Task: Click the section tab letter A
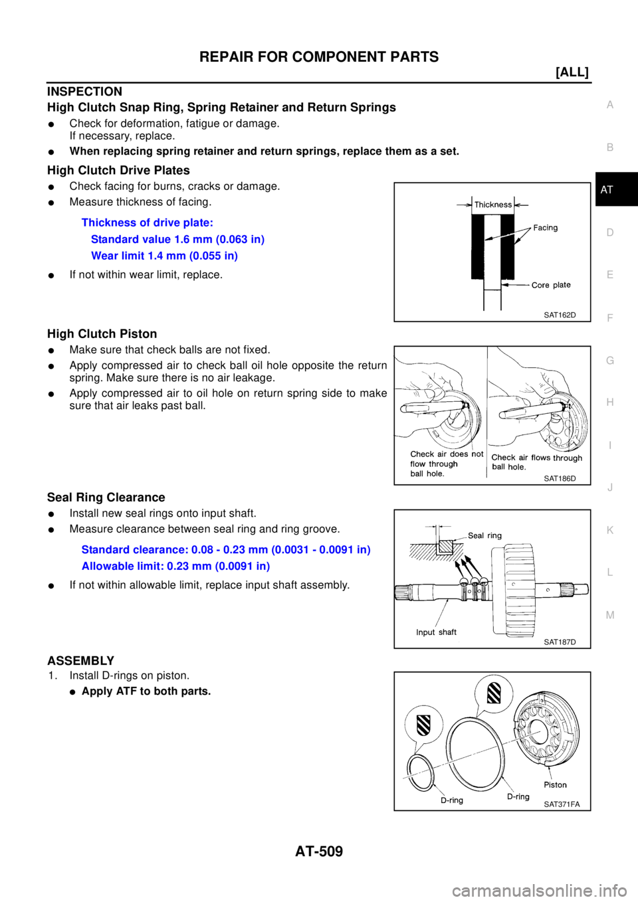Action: pos(610,105)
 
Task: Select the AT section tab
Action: pos(607,190)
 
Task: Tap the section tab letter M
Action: pos(610,614)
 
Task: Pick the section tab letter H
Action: pos(610,402)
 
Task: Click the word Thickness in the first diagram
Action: pos(493,205)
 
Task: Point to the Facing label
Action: pos(546,228)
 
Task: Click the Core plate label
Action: pos(551,285)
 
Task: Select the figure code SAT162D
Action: pos(560,315)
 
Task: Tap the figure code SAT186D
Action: pos(560,478)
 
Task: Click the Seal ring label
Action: pos(485,535)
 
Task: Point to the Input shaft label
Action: pos(436,632)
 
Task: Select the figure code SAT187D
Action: pos(560,642)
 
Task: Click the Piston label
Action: pos(556,784)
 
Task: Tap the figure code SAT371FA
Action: pos(562,804)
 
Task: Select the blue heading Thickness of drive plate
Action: pos(147,222)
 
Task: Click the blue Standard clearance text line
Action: pos(225,550)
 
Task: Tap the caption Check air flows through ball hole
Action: pos(536,462)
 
